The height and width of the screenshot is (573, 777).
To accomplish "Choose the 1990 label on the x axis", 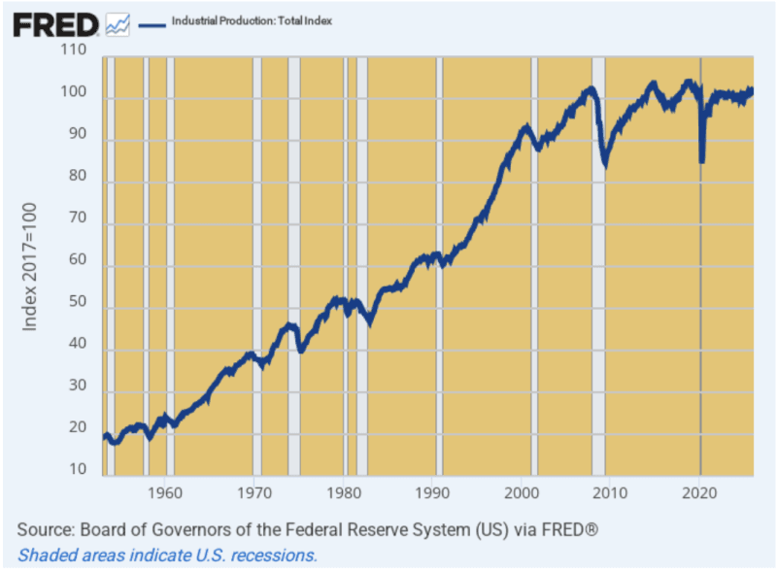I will click(433, 491).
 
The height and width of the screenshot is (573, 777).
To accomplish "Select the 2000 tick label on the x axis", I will click(523, 491).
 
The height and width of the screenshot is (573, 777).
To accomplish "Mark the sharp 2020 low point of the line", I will click(701, 160).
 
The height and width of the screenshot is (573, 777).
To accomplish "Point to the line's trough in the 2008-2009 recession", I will click(606, 164).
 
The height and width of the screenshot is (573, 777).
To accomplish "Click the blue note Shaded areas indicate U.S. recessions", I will click(167, 556).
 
